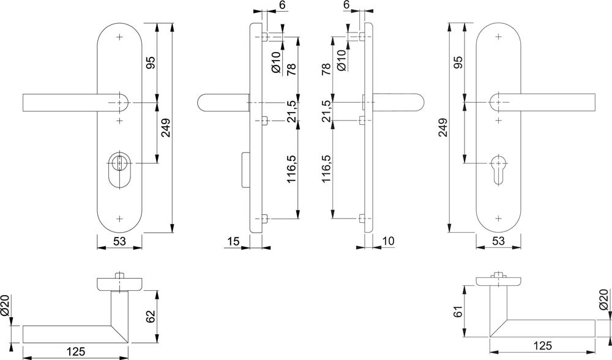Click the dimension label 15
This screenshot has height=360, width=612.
point(233,241)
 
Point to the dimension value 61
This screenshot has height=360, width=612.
point(458,312)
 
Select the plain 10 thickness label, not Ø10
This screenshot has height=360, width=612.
point(389,241)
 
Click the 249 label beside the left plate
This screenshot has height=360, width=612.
point(166,127)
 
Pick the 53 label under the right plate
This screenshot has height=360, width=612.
point(498,241)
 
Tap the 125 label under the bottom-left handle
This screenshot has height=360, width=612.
point(75,351)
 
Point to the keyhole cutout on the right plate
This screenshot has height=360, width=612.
point(498,169)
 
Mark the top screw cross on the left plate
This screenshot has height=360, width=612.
point(119,37)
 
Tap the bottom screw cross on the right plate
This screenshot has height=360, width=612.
point(498,217)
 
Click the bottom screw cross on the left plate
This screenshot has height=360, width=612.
point(119,217)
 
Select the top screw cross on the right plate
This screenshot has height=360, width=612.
point(498,37)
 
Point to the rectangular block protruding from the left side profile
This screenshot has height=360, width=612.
point(246,169)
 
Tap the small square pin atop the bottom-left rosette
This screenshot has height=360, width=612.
point(119,276)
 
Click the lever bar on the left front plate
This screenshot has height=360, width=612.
point(75,103)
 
